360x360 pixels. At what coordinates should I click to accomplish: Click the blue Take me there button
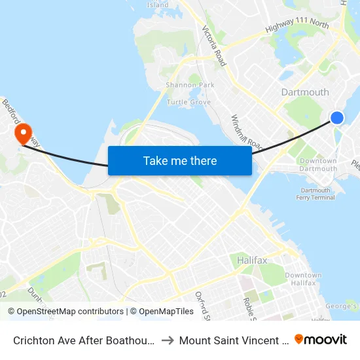pyautogui.click(x=180, y=160)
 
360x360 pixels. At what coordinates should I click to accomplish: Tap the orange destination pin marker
pyautogui.click(x=24, y=133)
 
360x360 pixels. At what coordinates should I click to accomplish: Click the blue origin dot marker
pyautogui.click(x=336, y=118)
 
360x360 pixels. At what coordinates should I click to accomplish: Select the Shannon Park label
pyautogui.click(x=190, y=85)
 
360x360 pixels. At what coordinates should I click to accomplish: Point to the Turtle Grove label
pyautogui.click(x=189, y=102)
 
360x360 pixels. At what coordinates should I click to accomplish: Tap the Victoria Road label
pyautogui.click(x=215, y=46)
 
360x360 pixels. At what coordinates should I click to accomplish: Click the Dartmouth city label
pyautogui.click(x=304, y=92)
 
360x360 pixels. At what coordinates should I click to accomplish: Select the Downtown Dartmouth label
pyautogui.click(x=318, y=165)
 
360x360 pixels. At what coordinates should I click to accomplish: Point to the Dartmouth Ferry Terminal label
pyautogui.click(x=315, y=194)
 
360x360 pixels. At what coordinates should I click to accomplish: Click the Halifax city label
pyautogui.click(x=253, y=261)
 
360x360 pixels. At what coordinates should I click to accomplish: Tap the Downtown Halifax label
pyautogui.click(x=303, y=279)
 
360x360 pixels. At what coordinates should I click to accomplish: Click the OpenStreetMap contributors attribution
pyautogui.click(x=65, y=312)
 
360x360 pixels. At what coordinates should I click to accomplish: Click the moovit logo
pyautogui.click(x=321, y=340)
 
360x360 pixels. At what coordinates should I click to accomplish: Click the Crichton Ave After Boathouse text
pyautogui.click(x=84, y=340)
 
